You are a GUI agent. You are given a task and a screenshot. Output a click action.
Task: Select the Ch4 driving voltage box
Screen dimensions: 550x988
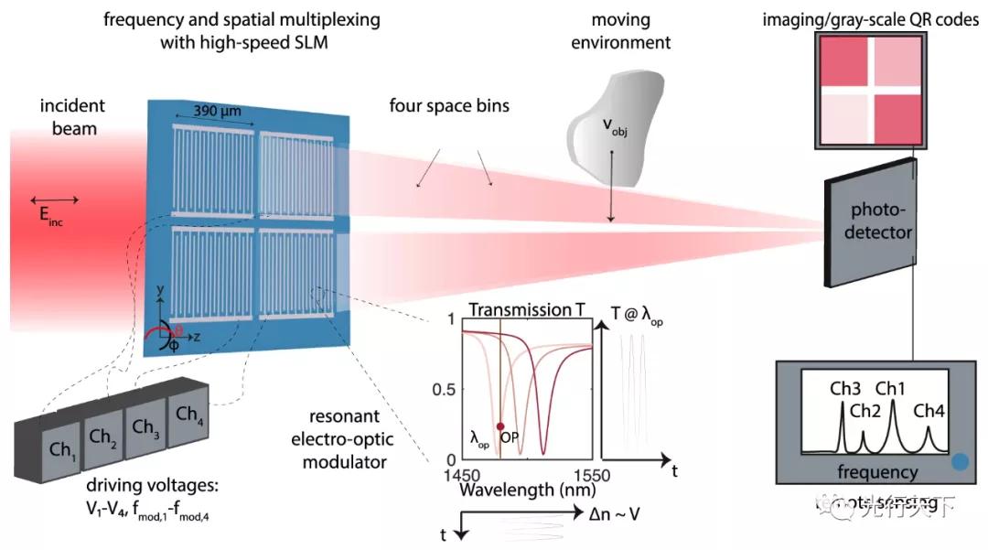188,414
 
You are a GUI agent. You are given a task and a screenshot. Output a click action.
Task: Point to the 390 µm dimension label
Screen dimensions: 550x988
218,111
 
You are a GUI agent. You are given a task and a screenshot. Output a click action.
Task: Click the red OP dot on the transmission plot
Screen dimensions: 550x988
499,426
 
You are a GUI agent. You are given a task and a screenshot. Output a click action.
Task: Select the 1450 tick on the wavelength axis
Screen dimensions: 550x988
463,476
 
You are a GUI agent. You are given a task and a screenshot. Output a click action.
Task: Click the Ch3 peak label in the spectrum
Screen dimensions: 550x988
843,388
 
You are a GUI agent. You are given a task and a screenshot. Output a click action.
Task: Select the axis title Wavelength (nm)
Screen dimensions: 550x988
521,490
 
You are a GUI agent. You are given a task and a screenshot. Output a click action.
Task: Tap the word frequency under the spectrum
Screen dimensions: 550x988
878,472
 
